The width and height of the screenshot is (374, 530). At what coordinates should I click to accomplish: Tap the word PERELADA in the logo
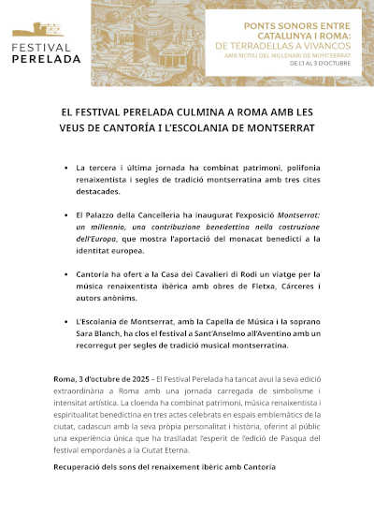47,57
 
